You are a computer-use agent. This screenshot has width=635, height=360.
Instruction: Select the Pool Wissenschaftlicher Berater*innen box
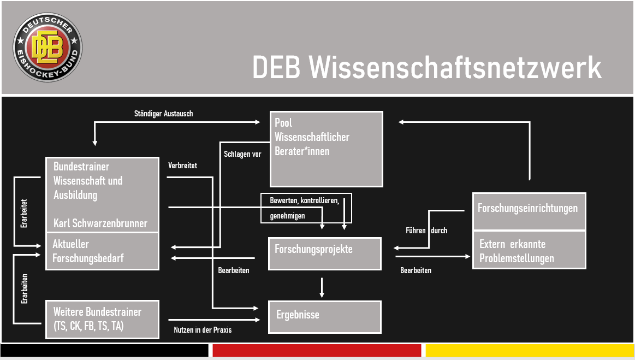[x=327, y=149]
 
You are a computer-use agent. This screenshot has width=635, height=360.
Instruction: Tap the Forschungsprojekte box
[x=324, y=253]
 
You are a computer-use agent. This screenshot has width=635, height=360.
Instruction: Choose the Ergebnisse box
[x=324, y=316]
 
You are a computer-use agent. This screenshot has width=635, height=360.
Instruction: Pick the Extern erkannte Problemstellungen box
[x=529, y=250]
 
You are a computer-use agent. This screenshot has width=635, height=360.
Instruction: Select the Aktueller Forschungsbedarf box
[x=102, y=251]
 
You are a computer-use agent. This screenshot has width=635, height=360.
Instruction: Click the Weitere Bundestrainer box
[x=102, y=318]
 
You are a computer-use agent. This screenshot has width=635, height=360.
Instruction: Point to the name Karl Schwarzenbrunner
[x=100, y=223]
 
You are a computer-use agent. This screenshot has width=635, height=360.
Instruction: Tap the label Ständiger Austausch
[x=163, y=114]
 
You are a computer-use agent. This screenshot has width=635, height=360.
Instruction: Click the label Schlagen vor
[x=242, y=154]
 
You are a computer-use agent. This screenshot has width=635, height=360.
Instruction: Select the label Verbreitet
[x=182, y=165]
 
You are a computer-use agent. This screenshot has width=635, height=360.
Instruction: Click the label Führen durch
[x=426, y=231]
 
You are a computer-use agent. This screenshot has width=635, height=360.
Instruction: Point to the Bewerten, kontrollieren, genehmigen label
[x=305, y=208]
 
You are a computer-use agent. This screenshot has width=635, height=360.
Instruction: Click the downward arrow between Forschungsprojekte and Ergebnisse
[x=322, y=287]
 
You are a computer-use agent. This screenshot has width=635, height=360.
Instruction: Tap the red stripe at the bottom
[x=317, y=350]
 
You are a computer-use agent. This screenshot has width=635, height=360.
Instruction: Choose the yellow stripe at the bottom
[x=529, y=350]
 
